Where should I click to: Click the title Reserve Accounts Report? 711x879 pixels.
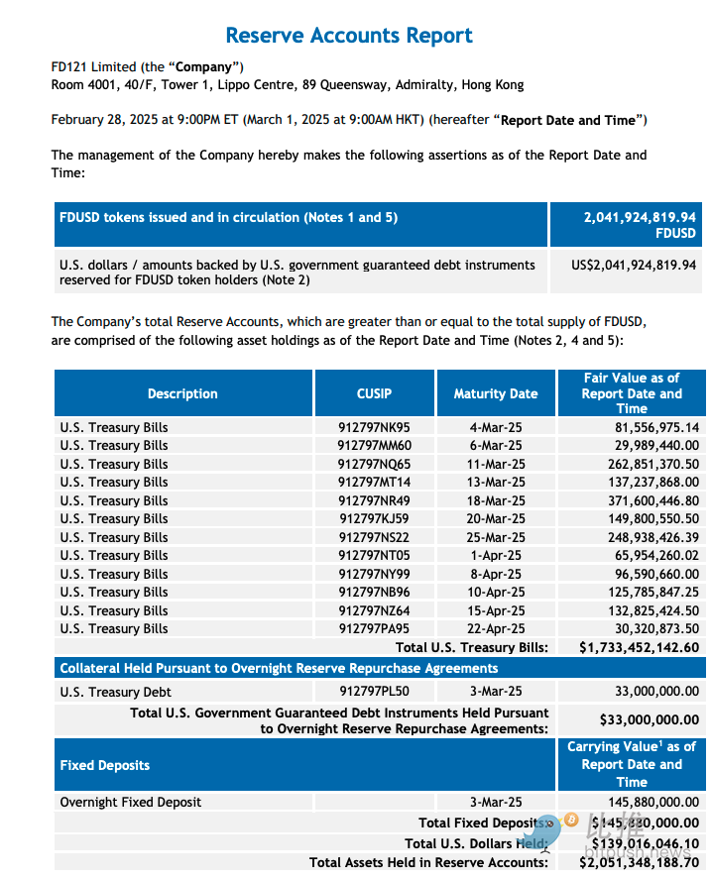(x=349, y=36)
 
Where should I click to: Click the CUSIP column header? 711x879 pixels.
(x=374, y=393)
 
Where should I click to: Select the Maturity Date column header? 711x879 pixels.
(x=496, y=393)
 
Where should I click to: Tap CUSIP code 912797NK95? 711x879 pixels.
(x=374, y=428)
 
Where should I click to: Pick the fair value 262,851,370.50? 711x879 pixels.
(x=644, y=464)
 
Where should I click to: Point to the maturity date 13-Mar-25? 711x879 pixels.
(x=497, y=483)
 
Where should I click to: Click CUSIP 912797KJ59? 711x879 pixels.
(x=374, y=518)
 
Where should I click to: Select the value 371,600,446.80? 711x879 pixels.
(x=644, y=500)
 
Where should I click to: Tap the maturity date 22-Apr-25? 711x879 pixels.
(x=497, y=628)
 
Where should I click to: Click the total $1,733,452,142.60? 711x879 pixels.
(x=639, y=647)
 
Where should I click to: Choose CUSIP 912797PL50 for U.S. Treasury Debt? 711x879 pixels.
(x=374, y=692)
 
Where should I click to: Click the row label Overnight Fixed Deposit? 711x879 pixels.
(x=131, y=802)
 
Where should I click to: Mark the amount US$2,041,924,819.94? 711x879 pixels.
(x=633, y=265)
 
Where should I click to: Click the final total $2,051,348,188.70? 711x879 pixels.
(x=639, y=863)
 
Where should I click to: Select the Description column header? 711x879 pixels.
(x=182, y=393)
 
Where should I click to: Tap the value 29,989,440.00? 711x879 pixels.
(x=648, y=446)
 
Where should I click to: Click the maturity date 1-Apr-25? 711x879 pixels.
(x=497, y=555)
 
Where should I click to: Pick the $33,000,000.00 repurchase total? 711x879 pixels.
(x=649, y=720)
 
